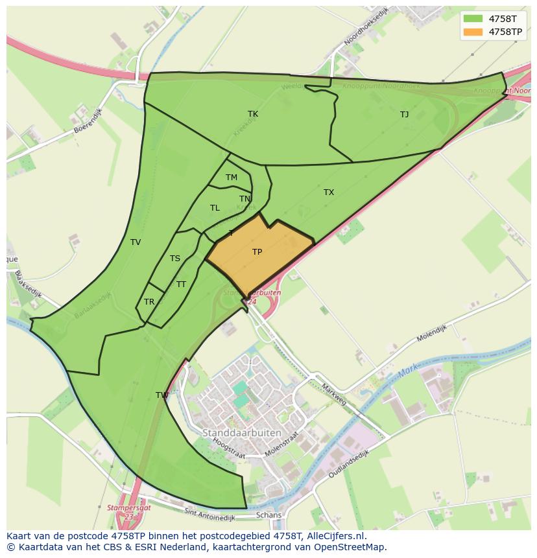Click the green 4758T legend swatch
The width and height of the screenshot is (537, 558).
pyautogui.click(x=473, y=19)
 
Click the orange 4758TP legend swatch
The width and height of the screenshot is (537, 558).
pyautogui.click(x=473, y=32)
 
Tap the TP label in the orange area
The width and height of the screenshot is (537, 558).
pyautogui.click(x=257, y=252)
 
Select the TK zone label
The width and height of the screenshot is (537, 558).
pyautogui.click(x=253, y=114)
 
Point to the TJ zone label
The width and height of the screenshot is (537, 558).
pyautogui.click(x=404, y=115)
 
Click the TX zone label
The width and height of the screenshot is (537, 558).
pyautogui.click(x=329, y=192)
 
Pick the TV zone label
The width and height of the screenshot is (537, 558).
pyautogui.click(x=136, y=242)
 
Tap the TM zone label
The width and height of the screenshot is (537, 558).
pyautogui.click(x=232, y=178)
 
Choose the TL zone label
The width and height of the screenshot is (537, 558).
pyautogui.click(x=215, y=208)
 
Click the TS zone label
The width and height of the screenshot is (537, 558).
pyautogui.click(x=175, y=259)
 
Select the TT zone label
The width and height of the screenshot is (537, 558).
pyautogui.click(x=181, y=285)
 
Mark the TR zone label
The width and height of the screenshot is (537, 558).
pyautogui.click(x=149, y=302)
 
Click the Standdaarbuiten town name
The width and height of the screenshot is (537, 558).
pyautogui.click(x=242, y=432)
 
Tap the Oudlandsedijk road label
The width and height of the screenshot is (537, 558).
pyautogui.click(x=348, y=464)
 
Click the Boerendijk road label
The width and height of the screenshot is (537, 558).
pyautogui.click(x=88, y=124)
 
